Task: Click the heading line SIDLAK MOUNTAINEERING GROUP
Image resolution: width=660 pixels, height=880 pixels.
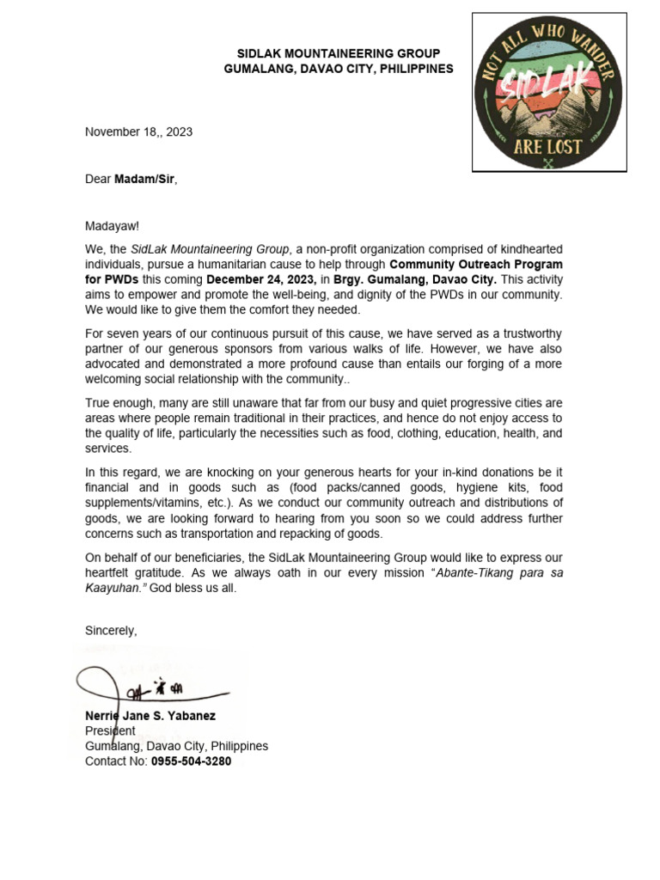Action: tap(338, 53)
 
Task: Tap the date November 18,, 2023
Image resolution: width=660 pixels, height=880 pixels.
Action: tap(138, 131)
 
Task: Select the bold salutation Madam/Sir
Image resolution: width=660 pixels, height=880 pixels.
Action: tap(145, 179)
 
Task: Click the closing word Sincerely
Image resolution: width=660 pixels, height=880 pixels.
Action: tap(110, 630)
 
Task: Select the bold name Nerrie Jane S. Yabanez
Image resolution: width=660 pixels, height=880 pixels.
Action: tap(150, 715)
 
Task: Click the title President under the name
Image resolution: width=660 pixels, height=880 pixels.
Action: tap(110, 730)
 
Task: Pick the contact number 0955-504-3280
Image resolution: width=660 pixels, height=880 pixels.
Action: tap(191, 761)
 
